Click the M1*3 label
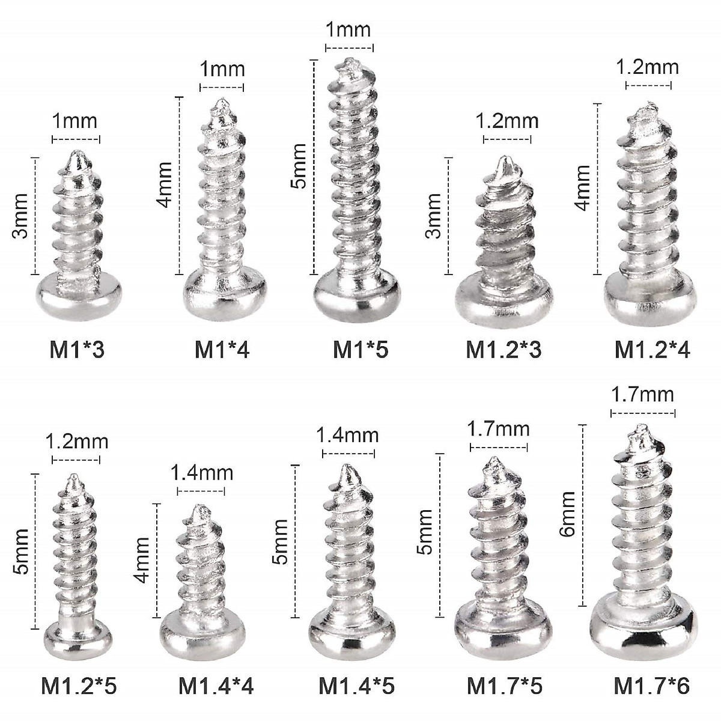coord(76,349)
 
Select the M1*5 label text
coord(360,349)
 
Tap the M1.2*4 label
coord(652,349)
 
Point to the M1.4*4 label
coord(216,686)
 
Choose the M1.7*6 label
coord(652,686)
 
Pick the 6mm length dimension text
coord(568,514)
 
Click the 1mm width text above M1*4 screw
coord(222,70)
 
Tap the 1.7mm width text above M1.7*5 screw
coord(499,429)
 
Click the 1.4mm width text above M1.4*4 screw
coord(201,473)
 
